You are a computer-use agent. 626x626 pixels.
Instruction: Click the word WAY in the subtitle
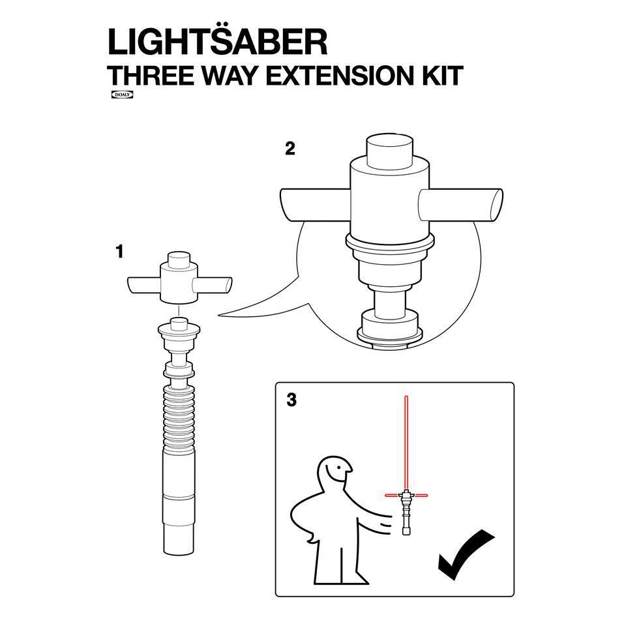click(230, 76)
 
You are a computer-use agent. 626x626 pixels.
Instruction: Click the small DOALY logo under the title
click(122, 95)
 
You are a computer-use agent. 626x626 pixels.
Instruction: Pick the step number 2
click(290, 149)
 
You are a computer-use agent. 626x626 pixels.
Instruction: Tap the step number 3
click(292, 400)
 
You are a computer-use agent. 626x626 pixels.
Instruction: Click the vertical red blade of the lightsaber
click(406, 442)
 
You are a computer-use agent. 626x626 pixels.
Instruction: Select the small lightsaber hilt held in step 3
click(406, 513)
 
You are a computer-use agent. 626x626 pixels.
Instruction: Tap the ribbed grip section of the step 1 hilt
click(179, 419)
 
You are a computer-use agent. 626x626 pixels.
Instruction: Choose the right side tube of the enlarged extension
click(461, 205)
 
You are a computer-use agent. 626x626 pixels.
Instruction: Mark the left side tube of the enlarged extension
click(316, 205)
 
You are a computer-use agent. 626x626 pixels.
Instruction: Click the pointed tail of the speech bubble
click(219, 316)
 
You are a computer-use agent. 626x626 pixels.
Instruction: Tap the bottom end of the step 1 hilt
click(179, 552)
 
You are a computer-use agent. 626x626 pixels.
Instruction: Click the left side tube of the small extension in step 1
click(143, 286)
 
